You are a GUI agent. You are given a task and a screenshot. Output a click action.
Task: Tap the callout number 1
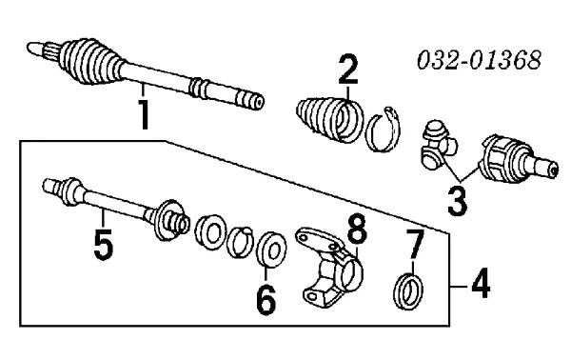pyautogui.click(x=145, y=112)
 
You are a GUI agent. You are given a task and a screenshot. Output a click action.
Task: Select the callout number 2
pyautogui.click(x=348, y=71)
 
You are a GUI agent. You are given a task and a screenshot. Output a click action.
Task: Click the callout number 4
pyautogui.click(x=484, y=283)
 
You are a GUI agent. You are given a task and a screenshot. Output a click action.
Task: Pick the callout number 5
pyautogui.click(x=104, y=242)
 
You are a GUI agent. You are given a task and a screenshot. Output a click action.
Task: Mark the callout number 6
pyautogui.click(x=266, y=297)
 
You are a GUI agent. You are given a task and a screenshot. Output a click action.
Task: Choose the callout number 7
pyautogui.click(x=413, y=246)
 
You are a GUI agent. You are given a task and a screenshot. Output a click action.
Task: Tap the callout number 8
pyautogui.click(x=356, y=230)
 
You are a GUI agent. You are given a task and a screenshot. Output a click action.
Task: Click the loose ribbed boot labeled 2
pyautogui.click(x=329, y=118)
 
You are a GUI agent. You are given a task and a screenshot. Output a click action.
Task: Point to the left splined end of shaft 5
pyautogui.click(x=51, y=187)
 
